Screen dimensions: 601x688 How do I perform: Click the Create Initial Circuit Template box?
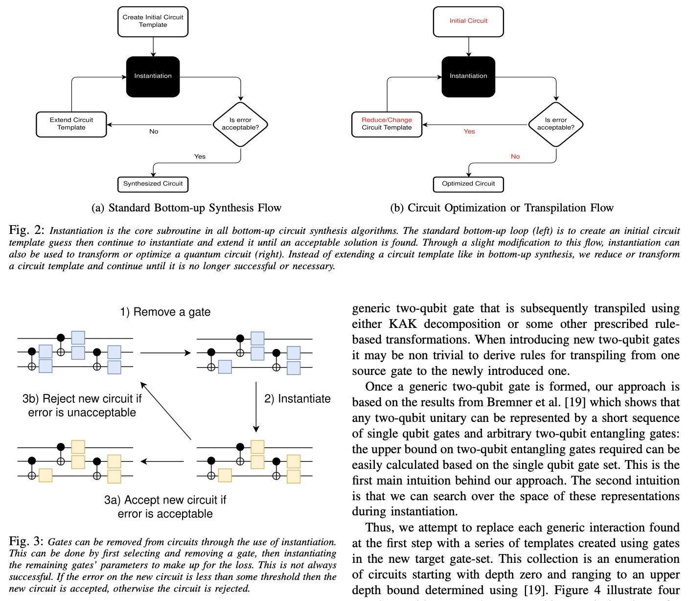[153, 22]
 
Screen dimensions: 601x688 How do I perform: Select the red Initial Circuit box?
[468, 22]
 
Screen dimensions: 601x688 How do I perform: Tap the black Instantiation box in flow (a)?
[153, 76]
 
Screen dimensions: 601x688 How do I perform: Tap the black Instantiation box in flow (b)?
[468, 76]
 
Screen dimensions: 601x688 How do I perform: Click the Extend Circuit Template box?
[71, 124]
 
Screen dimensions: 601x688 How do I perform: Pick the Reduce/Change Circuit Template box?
[387, 124]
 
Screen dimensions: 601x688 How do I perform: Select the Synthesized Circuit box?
[153, 184]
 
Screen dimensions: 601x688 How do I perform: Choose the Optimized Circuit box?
[468, 184]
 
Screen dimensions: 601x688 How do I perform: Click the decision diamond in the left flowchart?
[240, 124]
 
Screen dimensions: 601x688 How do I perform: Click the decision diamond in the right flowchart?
[556, 124]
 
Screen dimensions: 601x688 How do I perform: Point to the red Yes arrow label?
[469, 132]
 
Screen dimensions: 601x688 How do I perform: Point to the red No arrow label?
[515, 157]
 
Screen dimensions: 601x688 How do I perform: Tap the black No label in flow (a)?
[154, 132]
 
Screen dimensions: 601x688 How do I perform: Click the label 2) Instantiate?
[298, 399]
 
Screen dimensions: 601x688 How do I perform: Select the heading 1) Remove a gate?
[165, 312]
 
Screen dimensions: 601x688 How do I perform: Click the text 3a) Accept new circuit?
[165, 500]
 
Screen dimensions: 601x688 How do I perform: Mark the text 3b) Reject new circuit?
[82, 399]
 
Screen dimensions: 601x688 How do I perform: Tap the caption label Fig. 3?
[26, 541]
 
